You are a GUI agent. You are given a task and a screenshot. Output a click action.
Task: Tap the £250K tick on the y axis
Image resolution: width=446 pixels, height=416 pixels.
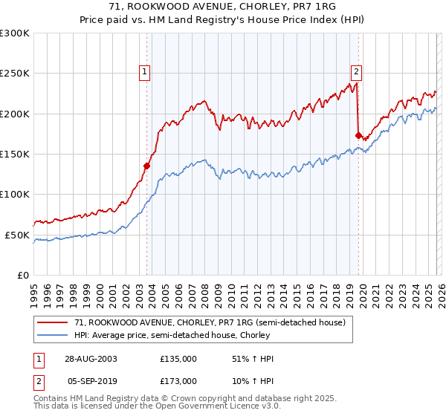coord(15,74)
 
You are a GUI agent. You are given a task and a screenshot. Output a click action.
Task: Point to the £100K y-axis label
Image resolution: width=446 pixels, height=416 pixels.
coord(15,194)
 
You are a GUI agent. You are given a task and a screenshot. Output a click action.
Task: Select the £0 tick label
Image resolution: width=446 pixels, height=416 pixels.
coord(22,275)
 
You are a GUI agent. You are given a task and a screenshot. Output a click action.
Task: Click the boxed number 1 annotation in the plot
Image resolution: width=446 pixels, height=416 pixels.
coord(144,72)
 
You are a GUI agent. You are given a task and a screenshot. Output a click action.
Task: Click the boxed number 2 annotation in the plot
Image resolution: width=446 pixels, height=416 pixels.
coord(356,72)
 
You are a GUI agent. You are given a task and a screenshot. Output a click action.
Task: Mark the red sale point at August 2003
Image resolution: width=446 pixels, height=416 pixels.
coord(147,166)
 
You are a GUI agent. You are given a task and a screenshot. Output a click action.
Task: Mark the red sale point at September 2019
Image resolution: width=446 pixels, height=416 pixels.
coord(358,136)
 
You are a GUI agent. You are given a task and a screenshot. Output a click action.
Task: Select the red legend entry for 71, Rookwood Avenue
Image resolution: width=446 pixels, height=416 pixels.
coord(210,323)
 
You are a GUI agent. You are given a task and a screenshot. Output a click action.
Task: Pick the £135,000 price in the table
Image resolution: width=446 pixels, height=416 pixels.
coord(178,359)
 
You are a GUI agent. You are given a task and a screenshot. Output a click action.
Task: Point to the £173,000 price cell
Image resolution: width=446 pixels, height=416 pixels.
coord(178,380)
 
